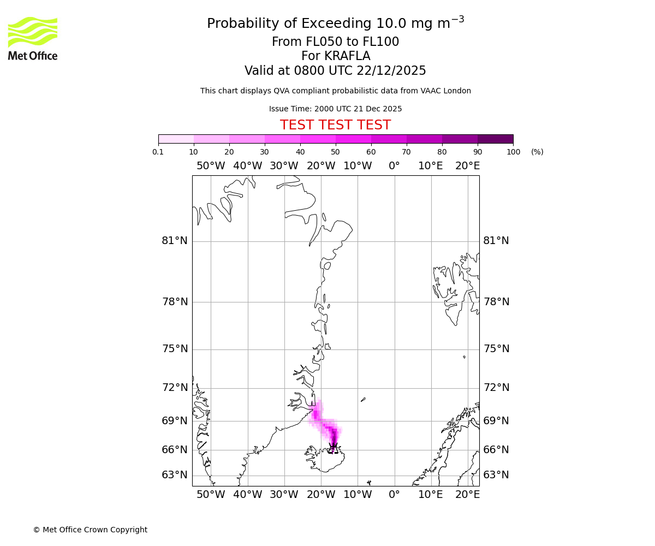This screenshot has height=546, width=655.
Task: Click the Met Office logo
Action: click(33, 38)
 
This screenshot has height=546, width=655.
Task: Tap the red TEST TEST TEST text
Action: click(335, 125)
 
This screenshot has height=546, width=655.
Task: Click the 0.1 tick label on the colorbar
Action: click(158, 152)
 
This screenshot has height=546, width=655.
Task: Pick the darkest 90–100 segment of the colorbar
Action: click(495, 139)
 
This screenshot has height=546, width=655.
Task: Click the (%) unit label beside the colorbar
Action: click(537, 152)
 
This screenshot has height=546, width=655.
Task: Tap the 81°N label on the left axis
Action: click(175, 241)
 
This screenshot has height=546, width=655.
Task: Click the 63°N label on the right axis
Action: click(496, 475)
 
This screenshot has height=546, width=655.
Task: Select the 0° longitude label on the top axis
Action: click(394, 166)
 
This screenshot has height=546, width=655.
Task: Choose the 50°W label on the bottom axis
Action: click(211, 495)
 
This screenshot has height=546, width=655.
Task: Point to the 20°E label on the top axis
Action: click(468, 166)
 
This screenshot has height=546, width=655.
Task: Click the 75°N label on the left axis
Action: click(175, 349)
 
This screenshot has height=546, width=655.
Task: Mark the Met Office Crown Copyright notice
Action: click(90, 530)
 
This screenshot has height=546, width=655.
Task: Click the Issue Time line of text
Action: click(335, 109)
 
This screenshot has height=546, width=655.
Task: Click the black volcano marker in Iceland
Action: click(333, 448)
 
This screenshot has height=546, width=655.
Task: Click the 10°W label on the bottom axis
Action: click(358, 495)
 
